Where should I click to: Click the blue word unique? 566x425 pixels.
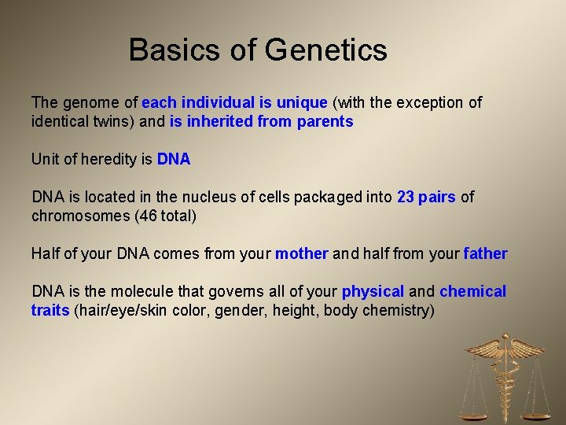(302, 102)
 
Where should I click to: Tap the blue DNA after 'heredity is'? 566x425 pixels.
(174, 159)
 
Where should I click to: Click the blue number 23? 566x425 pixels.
(406, 197)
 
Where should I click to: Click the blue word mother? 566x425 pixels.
(301, 253)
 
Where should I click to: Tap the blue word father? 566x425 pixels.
(485, 253)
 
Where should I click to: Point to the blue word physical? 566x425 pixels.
(373, 291)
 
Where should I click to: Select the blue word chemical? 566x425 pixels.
(472, 291)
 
